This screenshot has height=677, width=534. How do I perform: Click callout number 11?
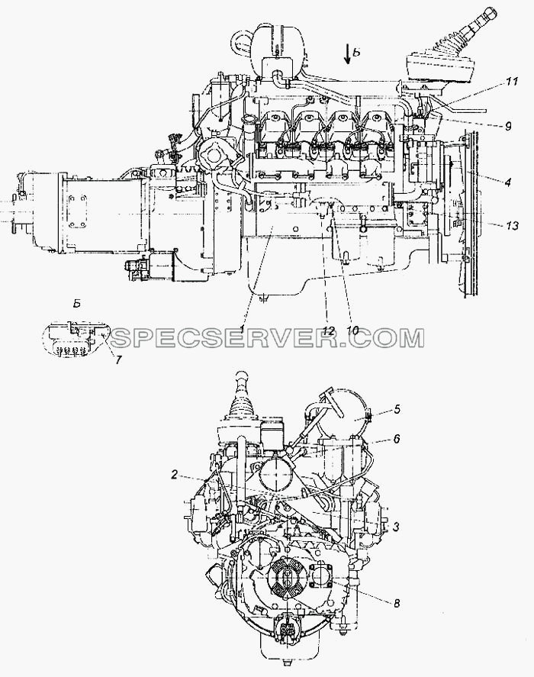pos(512,81)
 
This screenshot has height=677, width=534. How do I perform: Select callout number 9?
pos(508,126)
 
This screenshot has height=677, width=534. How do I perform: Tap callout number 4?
pos(507,182)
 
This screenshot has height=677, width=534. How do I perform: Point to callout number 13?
pos(512,225)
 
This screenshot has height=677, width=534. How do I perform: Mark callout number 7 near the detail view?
pos(118,359)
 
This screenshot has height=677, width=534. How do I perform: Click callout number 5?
pos(397,408)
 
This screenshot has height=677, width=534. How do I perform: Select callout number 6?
pos(397,439)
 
